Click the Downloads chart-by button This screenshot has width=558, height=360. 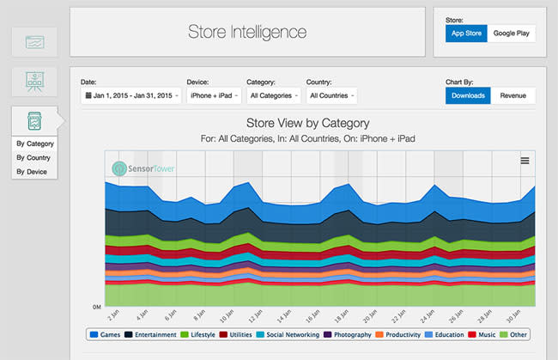468,95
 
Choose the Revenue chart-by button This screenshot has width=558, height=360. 513,95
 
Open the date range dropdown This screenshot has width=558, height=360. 130,95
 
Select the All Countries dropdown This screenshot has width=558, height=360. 331,95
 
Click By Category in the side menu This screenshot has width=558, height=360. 34,143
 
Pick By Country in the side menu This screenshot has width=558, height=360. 33,158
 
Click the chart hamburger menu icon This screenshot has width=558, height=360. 525,161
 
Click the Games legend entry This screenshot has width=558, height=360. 106,335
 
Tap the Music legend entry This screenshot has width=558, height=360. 483,335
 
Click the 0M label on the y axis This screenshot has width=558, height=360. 98,307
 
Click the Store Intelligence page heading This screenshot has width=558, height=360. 247,33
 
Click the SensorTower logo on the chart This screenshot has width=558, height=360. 143,168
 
